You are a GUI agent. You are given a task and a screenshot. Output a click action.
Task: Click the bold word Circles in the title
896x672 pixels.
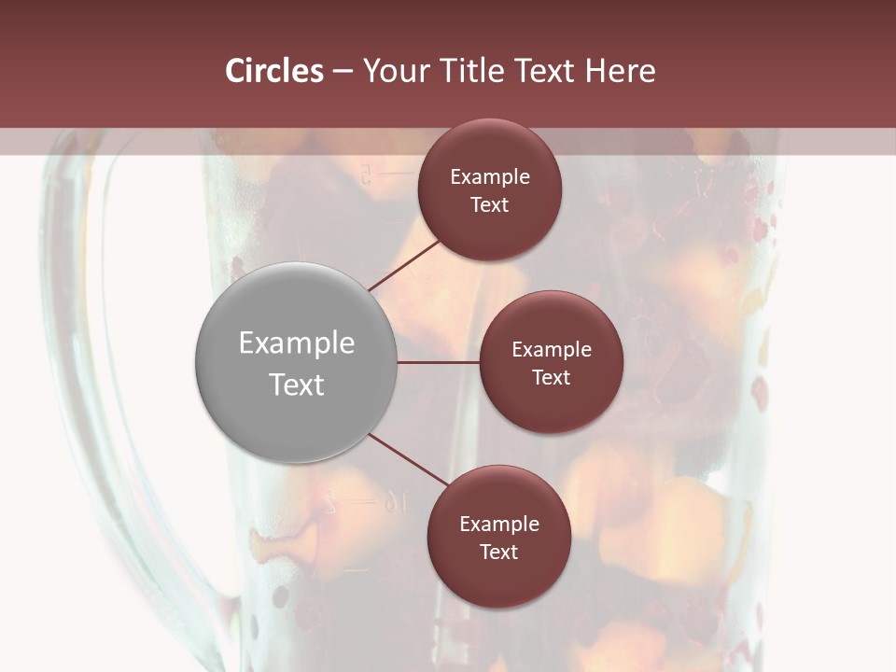click(274, 71)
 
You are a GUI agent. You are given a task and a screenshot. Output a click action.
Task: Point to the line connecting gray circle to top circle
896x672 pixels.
click(405, 265)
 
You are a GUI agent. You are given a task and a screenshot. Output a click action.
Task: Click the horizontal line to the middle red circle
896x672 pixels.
click(438, 362)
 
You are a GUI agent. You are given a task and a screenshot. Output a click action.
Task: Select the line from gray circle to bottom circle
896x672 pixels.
click(409, 459)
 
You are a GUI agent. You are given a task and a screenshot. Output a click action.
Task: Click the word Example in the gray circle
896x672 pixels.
click(297, 343)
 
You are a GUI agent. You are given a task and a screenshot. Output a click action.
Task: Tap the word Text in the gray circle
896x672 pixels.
click(297, 385)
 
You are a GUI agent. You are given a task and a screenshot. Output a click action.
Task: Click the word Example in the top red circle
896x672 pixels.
click(490, 176)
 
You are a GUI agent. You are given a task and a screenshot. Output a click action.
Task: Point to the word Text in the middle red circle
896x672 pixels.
click(551, 377)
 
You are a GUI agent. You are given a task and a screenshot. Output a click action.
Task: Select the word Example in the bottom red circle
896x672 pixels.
click(499, 524)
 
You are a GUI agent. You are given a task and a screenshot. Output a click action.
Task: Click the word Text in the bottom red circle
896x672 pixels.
click(498, 552)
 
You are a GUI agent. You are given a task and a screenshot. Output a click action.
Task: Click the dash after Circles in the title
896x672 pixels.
click(342, 72)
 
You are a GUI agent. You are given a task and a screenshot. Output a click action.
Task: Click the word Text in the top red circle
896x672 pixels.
click(489, 204)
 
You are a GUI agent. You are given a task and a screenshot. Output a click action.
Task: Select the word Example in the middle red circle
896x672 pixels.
click(552, 349)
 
